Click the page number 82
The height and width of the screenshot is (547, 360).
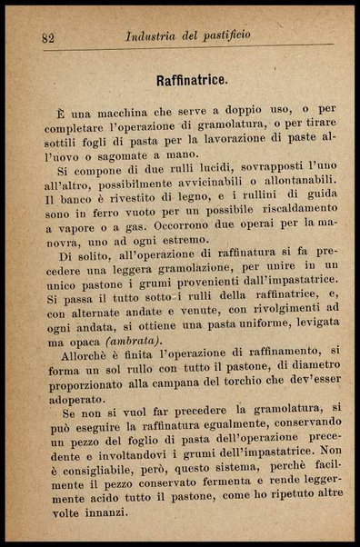click(x=49, y=37)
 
